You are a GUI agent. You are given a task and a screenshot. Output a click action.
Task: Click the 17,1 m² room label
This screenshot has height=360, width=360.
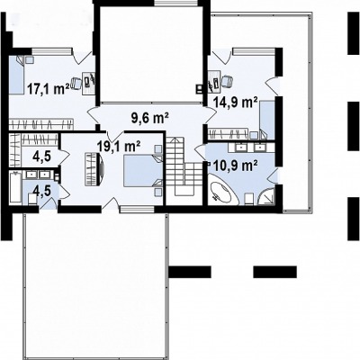pos(48,89)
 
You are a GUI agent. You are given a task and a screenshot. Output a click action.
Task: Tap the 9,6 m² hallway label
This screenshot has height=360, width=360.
pos(149,117)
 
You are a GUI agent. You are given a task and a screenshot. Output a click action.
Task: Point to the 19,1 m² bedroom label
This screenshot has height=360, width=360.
pos(119,147)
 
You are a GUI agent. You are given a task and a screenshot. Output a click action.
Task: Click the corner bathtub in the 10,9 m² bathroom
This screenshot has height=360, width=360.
pos(222,192)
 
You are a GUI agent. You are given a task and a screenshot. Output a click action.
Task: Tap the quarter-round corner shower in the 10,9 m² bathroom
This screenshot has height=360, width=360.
pos(265,196)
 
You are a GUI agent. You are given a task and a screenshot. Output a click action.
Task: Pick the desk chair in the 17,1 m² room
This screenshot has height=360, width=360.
pos(76,83)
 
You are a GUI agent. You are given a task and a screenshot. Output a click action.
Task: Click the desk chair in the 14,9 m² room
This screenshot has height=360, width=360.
pos(227,81)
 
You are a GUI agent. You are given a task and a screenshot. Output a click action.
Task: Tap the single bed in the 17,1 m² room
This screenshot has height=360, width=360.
pos(16,75)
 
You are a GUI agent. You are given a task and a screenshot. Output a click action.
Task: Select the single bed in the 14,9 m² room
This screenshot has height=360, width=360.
pos(267,120)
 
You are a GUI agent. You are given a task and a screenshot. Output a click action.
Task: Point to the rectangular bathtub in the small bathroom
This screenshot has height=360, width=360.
pos(15,187)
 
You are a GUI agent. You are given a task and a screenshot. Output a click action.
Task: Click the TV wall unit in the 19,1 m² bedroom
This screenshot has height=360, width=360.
pos(94,169)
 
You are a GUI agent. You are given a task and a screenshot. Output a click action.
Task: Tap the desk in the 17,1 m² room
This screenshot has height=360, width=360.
pos(89,83)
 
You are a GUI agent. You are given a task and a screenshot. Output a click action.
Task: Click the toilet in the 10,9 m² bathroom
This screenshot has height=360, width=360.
pos(248,199)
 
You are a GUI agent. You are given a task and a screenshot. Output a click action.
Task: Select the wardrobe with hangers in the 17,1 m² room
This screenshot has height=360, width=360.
pos(41,124)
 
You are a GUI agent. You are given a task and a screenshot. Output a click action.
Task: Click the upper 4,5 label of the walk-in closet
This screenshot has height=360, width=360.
pos(41,157)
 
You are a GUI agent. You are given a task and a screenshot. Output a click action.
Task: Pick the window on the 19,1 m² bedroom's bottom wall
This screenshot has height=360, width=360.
pos(137,210)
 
